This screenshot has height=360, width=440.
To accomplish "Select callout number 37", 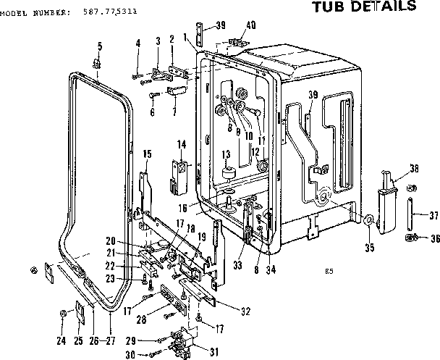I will [434, 215].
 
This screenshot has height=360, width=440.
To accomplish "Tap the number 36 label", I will [434, 239].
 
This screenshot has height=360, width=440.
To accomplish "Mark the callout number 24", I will [62, 340].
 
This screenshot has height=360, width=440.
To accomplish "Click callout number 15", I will [147, 154].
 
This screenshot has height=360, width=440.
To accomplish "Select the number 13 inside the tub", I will [226, 154].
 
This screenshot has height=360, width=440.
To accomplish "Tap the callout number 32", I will [245, 311].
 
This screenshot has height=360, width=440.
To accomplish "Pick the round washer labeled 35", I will [369, 221].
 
